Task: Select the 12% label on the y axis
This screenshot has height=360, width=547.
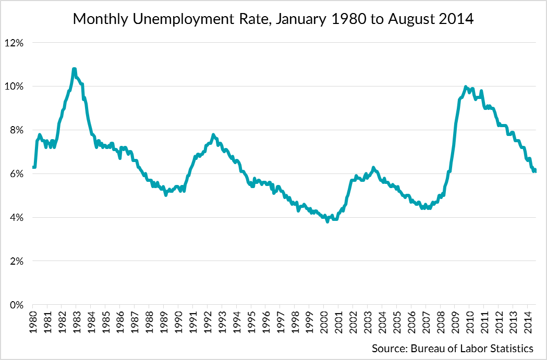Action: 15,43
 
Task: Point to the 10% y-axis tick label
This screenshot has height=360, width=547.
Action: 15,86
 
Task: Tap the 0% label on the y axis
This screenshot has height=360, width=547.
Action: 18,305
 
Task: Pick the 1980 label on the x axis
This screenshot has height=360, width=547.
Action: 33,320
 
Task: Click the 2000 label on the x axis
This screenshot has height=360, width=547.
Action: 323,320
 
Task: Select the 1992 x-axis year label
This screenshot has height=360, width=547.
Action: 207,320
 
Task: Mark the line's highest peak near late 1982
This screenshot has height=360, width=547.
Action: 74,69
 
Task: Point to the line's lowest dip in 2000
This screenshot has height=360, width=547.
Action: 327,221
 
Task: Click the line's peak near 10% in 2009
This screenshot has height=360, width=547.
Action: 465,86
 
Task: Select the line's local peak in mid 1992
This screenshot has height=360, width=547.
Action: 213,135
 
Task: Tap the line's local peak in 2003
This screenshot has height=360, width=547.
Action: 373,167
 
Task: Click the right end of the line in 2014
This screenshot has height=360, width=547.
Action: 536,171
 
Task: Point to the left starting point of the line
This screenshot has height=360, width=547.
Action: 33,167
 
